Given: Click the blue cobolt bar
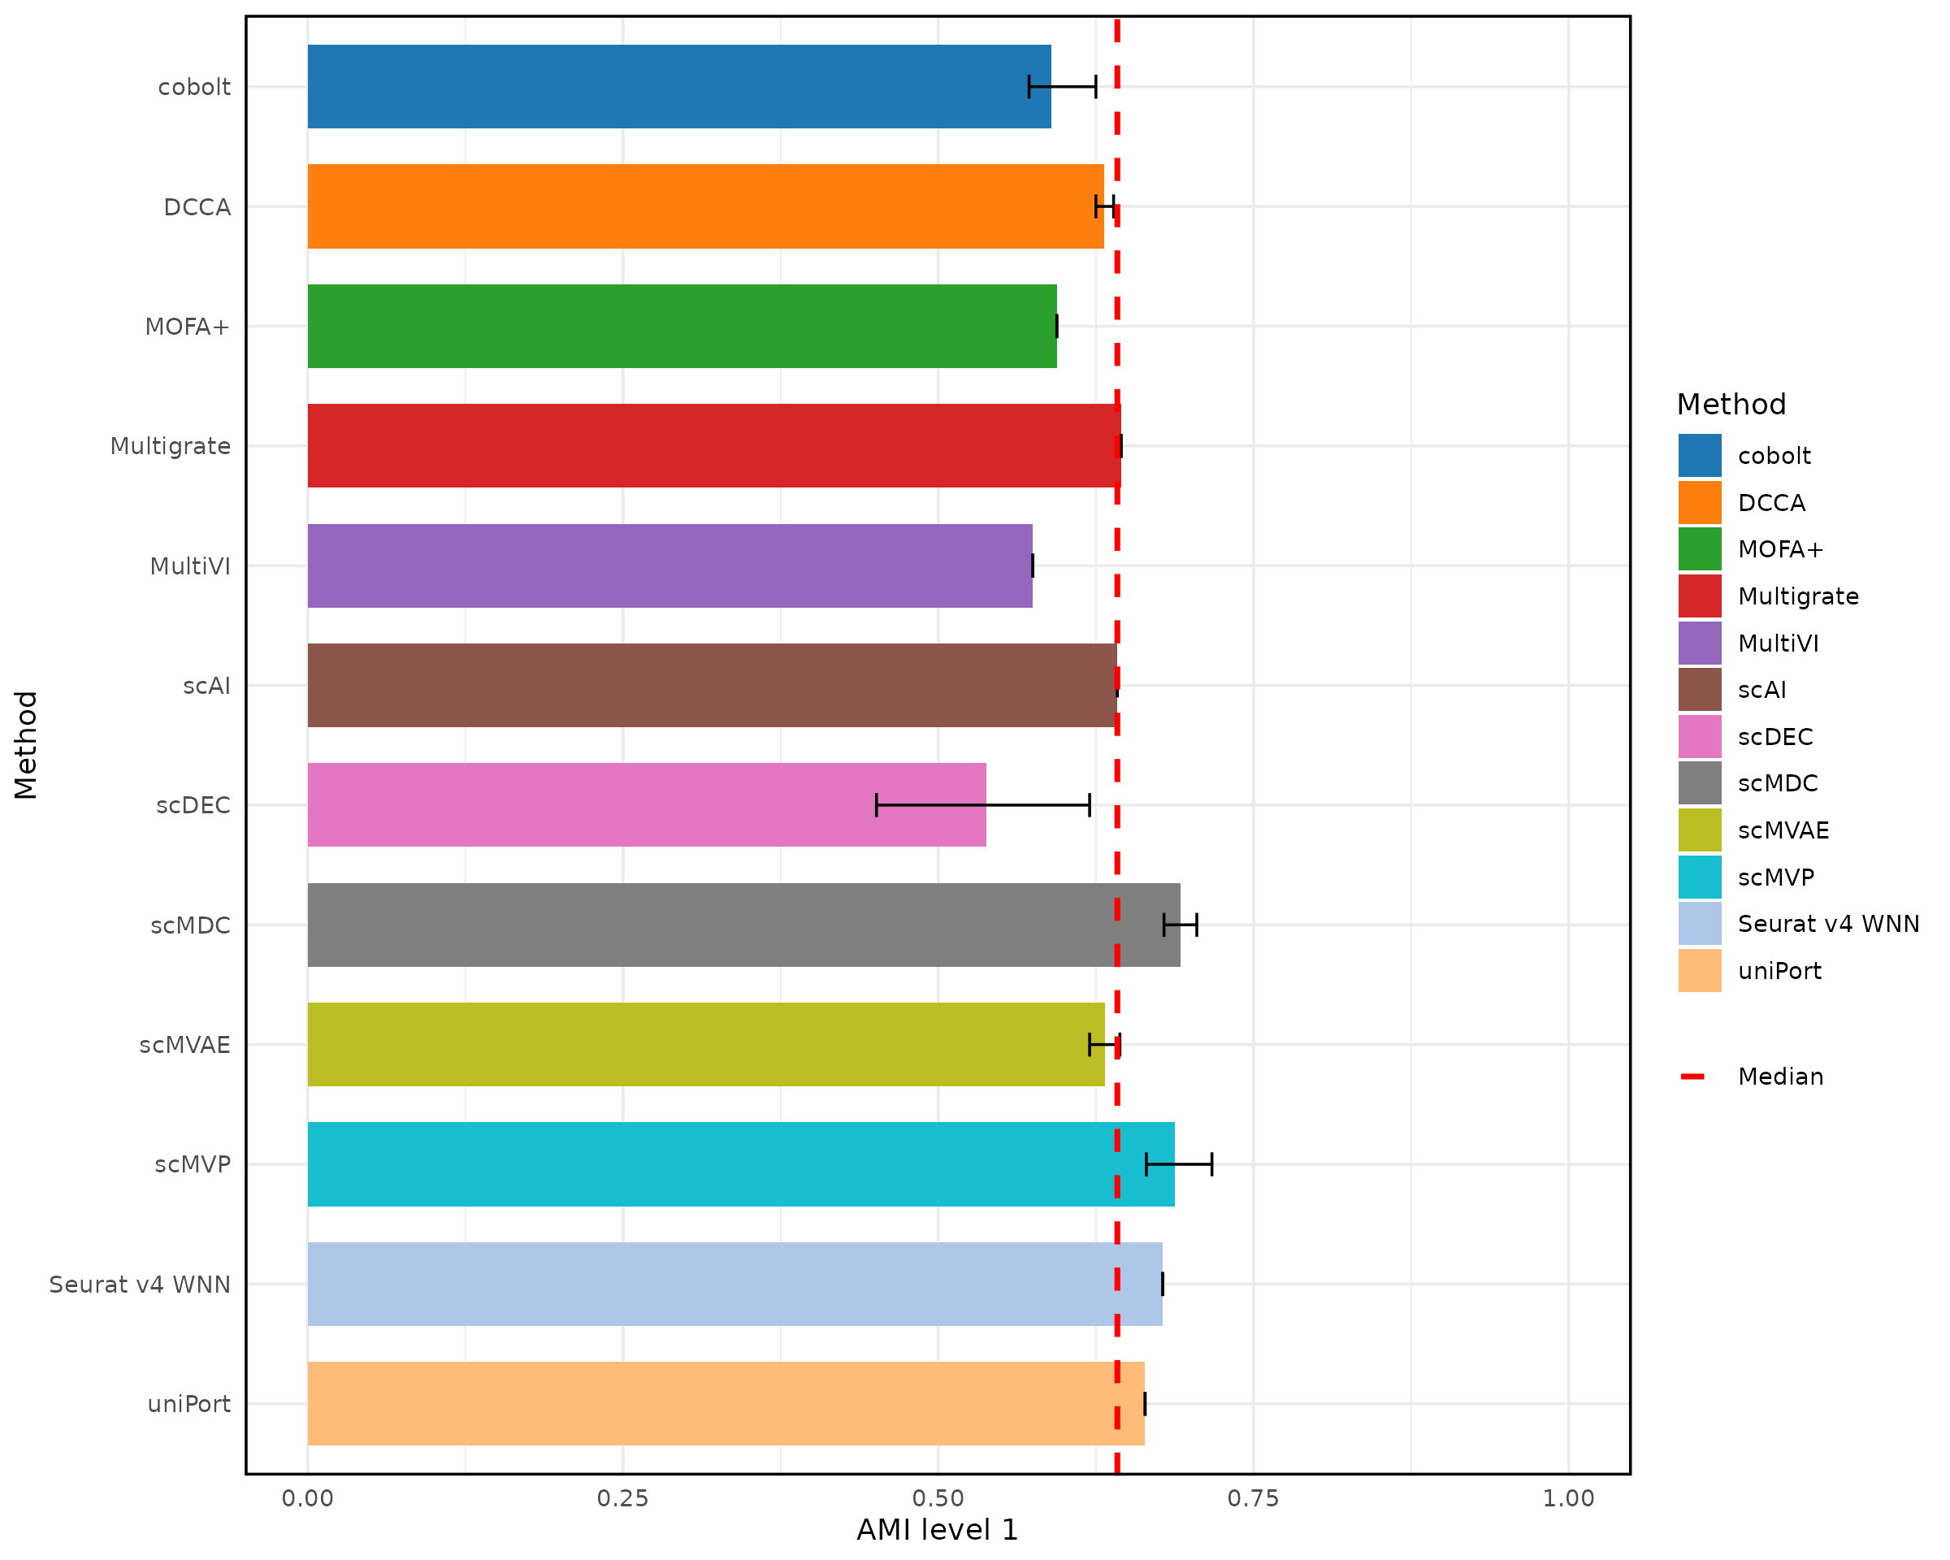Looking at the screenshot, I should [x=678, y=87].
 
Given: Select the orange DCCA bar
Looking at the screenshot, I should [x=705, y=206].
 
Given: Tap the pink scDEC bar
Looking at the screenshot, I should [x=647, y=805].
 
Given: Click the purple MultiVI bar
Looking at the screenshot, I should [x=669, y=566].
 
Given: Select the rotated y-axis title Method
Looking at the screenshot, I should [x=26, y=745].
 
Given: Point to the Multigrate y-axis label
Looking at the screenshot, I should [x=170, y=447].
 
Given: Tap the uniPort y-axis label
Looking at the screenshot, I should [x=189, y=1405].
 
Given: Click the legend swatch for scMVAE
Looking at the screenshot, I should [x=1700, y=830].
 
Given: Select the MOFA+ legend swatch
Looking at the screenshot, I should [x=1700, y=549].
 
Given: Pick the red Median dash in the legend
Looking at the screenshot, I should [x=1692, y=1077].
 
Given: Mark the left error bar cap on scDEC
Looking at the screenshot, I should [x=877, y=805].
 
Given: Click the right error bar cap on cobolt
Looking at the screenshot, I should [x=1096, y=87].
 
